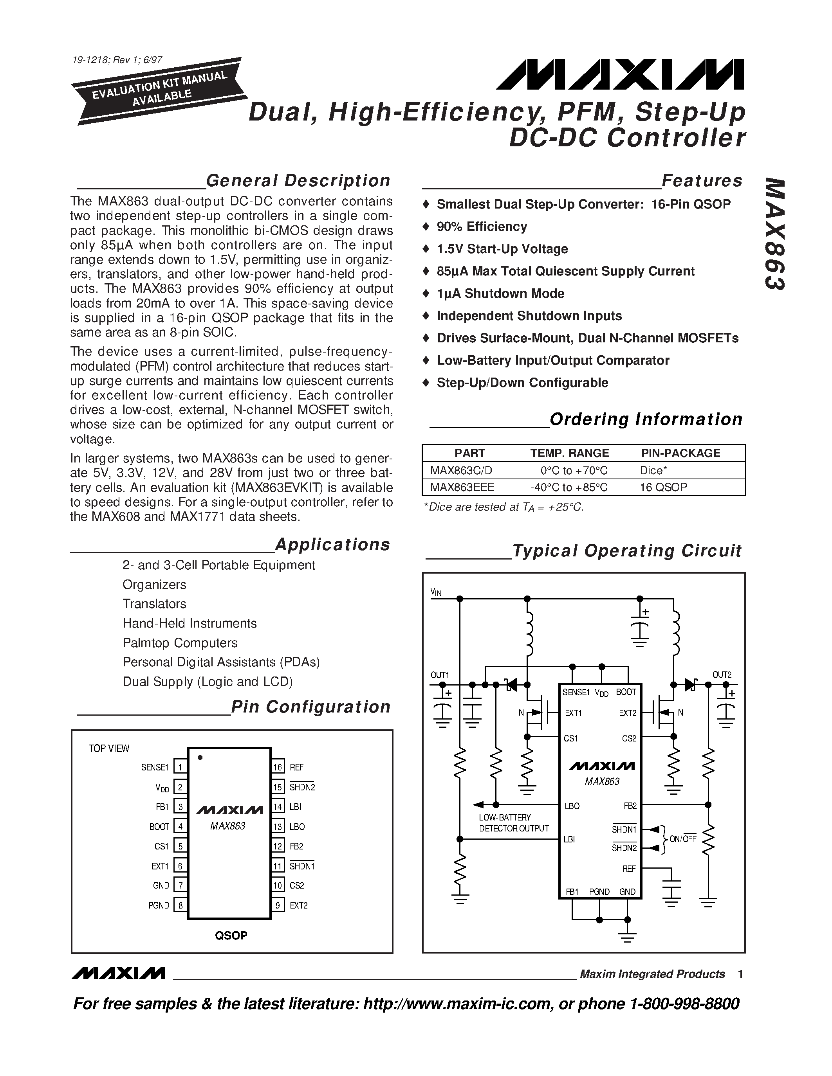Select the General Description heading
298,181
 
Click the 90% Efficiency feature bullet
482,227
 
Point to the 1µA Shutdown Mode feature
500,293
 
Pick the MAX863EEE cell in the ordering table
462,487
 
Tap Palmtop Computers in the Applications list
180,643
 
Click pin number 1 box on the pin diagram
180,768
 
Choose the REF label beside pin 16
297,768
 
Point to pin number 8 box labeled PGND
180,905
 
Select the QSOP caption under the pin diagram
231,936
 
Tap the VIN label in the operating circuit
436,593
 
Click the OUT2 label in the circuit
722,675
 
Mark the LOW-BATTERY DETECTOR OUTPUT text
514,823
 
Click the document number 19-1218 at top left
117,61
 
